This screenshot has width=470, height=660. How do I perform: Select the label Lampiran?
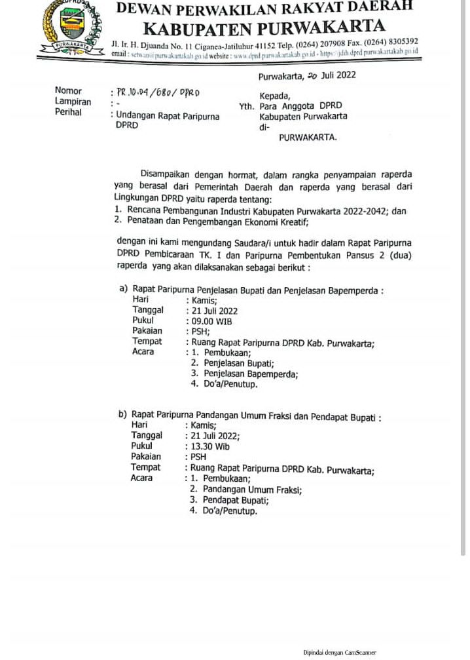[x=73, y=102]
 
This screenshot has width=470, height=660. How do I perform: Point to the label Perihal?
[x=69, y=112]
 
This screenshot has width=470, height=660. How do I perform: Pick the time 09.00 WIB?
[x=210, y=321]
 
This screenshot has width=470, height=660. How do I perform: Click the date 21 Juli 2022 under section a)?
[x=213, y=311]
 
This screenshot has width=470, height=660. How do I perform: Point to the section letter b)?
[x=122, y=414]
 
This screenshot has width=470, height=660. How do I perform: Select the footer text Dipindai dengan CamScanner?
[x=339, y=652]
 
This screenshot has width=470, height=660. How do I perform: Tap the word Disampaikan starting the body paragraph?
[x=166, y=175]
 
